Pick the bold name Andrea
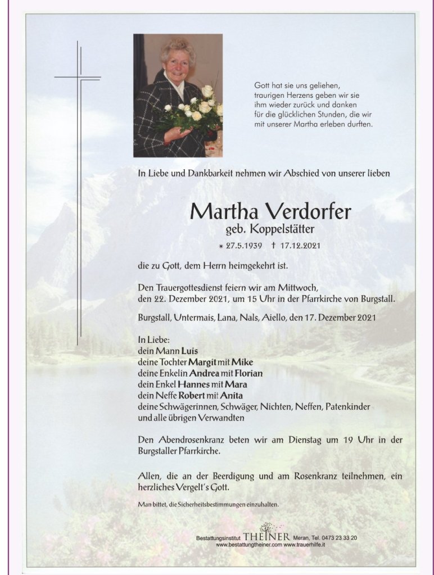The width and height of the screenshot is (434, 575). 204,373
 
